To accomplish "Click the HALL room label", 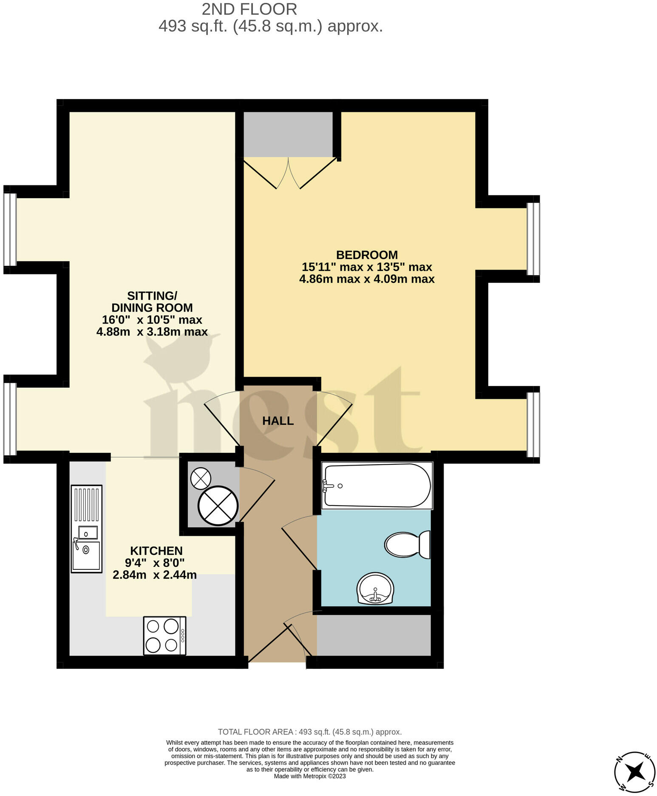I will click(x=278, y=421).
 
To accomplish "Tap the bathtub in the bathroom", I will click(x=377, y=486).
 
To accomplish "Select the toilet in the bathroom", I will click(x=407, y=545).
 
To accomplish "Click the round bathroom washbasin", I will click(x=375, y=589).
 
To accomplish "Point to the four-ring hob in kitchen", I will click(x=164, y=636).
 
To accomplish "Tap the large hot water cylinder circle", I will click(x=218, y=506).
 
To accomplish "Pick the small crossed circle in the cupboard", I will click(x=201, y=478).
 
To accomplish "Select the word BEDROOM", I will click(x=367, y=255).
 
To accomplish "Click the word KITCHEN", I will click(x=156, y=551).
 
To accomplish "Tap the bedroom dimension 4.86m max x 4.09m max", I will click(x=367, y=279).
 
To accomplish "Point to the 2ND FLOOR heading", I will click(x=249, y=9).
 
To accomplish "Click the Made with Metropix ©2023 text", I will click(x=310, y=776).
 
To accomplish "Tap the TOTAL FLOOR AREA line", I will click(x=309, y=732).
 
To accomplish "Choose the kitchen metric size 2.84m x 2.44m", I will click(x=154, y=575).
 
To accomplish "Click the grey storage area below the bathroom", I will click(x=374, y=635).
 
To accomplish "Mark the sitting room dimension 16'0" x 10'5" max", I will click(x=152, y=320).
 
